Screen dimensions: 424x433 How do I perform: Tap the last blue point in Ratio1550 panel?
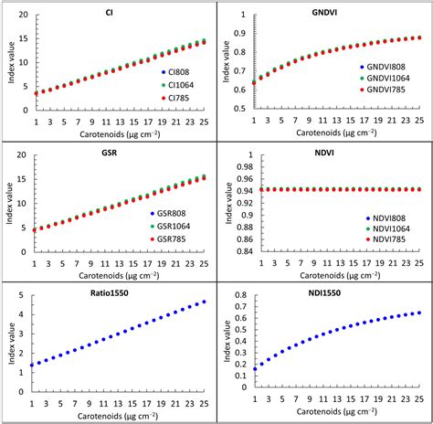point(203,302)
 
